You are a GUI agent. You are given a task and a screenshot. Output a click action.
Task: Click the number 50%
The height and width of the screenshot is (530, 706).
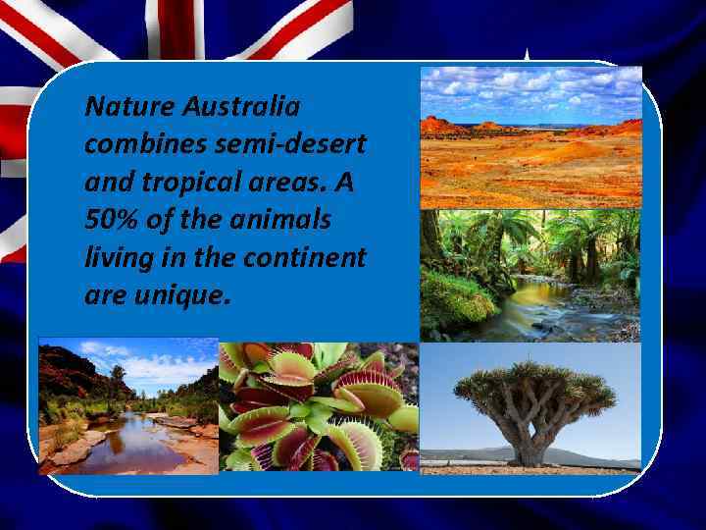pyautogui.click(x=112, y=221)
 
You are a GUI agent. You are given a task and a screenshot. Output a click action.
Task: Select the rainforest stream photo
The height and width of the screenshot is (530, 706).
pyautogui.click(x=529, y=274)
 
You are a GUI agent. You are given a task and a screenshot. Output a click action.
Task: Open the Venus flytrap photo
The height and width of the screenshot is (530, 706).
pyautogui.click(x=318, y=406)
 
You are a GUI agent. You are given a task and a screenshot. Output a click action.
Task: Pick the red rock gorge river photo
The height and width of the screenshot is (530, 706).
pyautogui.click(x=127, y=406)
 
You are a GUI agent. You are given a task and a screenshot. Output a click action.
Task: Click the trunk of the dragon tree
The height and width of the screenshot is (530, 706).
pyautogui.click(x=533, y=442)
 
